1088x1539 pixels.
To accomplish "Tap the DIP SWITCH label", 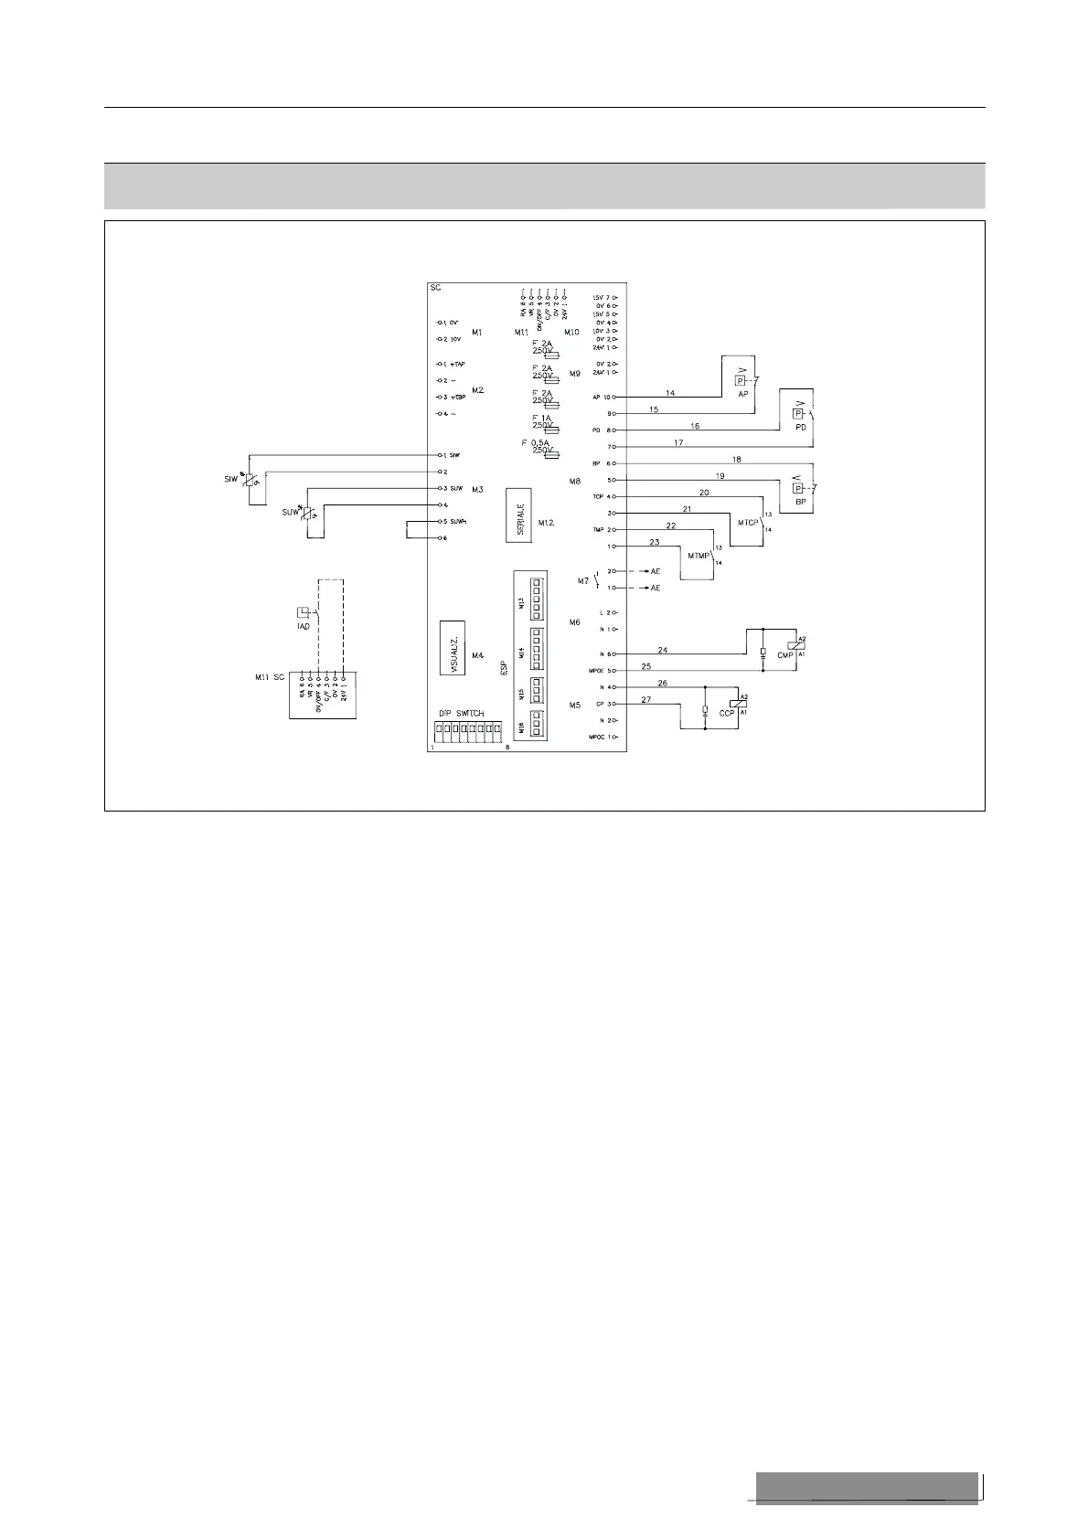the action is (x=461, y=713).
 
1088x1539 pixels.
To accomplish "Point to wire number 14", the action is (x=670, y=393).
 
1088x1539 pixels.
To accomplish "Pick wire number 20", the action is (x=704, y=493).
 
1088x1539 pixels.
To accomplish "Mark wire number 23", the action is (x=655, y=542).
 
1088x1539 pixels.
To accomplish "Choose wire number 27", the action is (x=645, y=699).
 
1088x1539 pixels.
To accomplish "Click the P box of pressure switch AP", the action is (x=741, y=380).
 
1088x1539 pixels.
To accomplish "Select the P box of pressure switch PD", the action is (x=797, y=413).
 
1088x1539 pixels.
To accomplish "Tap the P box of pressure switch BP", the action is (x=797, y=488).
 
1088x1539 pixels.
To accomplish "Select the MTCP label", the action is (x=748, y=522).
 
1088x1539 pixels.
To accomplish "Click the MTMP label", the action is (x=698, y=555).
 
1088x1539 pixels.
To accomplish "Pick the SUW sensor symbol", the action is (x=308, y=515).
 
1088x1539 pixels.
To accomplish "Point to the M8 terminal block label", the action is (x=575, y=481).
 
